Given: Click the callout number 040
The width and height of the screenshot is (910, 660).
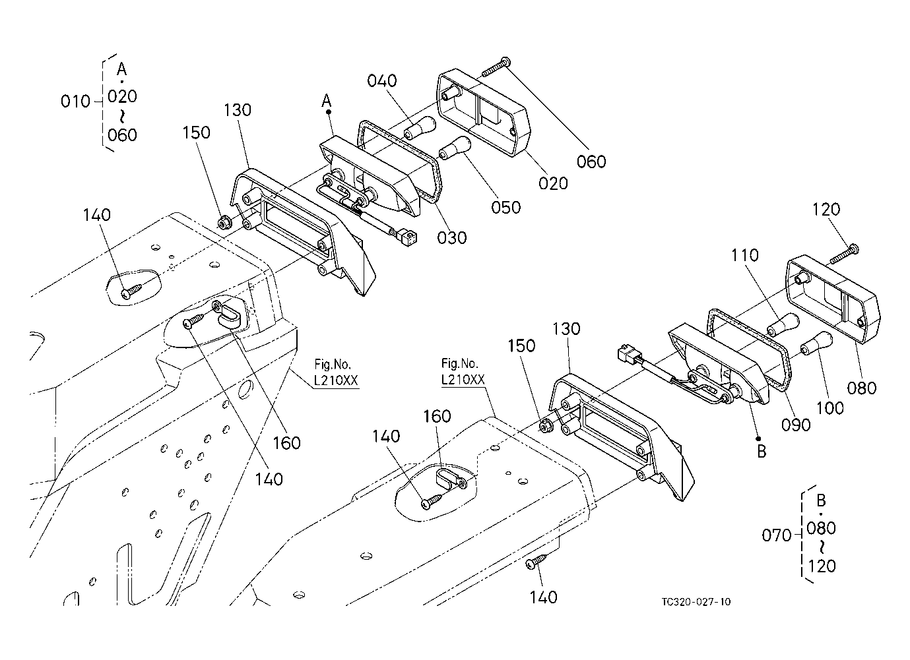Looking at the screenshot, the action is coord(382,81).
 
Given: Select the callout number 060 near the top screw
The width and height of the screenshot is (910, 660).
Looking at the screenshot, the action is coord(591,162).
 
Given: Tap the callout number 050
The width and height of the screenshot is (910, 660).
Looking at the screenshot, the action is coord(505,208).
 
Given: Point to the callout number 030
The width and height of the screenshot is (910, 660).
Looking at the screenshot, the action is coord(452,237).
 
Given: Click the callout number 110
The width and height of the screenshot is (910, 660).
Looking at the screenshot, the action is coord(745,255).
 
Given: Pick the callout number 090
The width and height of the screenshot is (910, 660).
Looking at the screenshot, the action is coord(796,425).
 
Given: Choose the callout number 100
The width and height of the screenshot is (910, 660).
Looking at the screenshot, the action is coord(829,407).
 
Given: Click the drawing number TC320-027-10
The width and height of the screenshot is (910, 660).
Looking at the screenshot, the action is coord(696,601).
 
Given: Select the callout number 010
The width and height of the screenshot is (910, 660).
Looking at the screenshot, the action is coord(75,101).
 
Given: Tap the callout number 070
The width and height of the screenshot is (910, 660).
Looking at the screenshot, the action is coord(777,535).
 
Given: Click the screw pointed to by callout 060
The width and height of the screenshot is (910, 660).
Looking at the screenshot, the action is coord(496,67).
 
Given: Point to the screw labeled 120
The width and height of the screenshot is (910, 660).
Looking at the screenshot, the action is coord(844,254).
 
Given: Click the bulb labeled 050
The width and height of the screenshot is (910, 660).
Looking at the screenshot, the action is coord(455,148).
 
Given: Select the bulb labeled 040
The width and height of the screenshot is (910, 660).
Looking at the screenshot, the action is coord(420,127).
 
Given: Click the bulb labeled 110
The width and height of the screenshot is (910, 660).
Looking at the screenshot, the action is coord(783,324).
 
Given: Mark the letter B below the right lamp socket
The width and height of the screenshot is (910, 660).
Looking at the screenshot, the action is coord(762,452).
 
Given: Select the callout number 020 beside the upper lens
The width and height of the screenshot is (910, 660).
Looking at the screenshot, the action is coord(553,183).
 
